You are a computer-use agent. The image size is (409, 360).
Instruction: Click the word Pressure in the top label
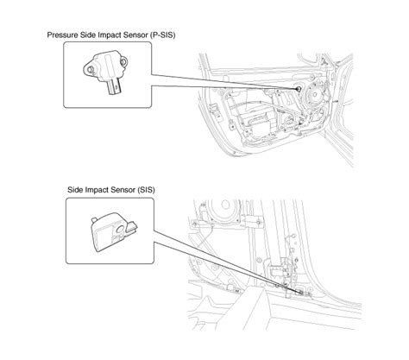pyautogui.click(x=62, y=35)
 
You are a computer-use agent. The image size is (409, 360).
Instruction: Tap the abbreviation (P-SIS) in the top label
pyautogui.click(x=162, y=35)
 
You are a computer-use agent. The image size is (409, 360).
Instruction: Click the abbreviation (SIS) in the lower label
pyautogui.click(x=146, y=190)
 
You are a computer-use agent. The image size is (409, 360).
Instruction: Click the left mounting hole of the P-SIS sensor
pyautogui.click(x=90, y=69)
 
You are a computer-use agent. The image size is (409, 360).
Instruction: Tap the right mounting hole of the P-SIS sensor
pyautogui.click(x=123, y=61)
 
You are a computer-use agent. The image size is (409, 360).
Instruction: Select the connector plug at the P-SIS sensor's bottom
pyautogui.click(x=115, y=87)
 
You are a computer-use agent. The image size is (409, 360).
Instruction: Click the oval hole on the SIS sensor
pyautogui.click(x=119, y=229)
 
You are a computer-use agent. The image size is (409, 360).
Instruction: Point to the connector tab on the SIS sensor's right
pyautogui.click(x=132, y=226)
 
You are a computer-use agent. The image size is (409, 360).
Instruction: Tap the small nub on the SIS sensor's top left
pyautogui.click(x=94, y=220)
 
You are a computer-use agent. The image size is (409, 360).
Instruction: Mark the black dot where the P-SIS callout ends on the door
pyautogui.click(x=299, y=89)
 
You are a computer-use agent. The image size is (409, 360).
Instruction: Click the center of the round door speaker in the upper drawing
pyautogui.click(x=315, y=94)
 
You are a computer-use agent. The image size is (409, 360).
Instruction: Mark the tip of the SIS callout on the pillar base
pyautogui.click(x=301, y=293)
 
